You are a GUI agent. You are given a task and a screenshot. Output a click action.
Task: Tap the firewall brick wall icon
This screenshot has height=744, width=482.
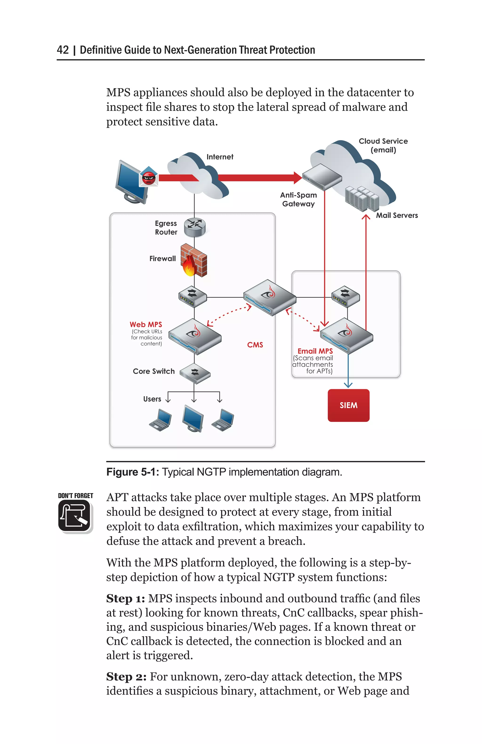point(194,260)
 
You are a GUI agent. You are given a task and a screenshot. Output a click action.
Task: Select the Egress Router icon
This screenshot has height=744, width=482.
point(195,227)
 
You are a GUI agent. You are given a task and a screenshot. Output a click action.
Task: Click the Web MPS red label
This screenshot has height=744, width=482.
point(146,324)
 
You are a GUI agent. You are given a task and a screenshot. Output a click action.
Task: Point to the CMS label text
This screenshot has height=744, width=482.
point(255,344)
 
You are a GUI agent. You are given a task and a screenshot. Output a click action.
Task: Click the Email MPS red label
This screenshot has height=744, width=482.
point(315,351)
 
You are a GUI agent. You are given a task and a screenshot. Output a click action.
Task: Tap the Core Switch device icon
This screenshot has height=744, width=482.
point(195,373)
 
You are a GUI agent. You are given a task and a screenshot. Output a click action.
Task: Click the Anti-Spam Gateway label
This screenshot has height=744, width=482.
point(298,199)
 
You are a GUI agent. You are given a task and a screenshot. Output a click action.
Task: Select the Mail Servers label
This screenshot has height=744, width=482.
point(397,215)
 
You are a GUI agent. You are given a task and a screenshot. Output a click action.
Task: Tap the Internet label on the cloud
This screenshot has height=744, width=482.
point(220,157)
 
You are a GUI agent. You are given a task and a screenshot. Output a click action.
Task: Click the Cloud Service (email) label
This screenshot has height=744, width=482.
point(383,145)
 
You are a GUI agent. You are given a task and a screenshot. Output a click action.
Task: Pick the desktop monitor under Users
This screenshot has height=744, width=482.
point(193,418)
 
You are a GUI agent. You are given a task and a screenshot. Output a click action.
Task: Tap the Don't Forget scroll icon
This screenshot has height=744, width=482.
point(75,515)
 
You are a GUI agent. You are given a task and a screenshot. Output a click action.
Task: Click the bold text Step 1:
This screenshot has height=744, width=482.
point(125,598)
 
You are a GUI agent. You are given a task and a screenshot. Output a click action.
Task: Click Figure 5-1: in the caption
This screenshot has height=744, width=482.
point(133,472)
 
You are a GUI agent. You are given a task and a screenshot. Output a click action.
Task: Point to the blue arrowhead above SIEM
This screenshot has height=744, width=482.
point(348,385)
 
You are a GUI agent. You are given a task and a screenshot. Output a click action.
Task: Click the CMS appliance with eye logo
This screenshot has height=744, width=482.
point(270,297)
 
